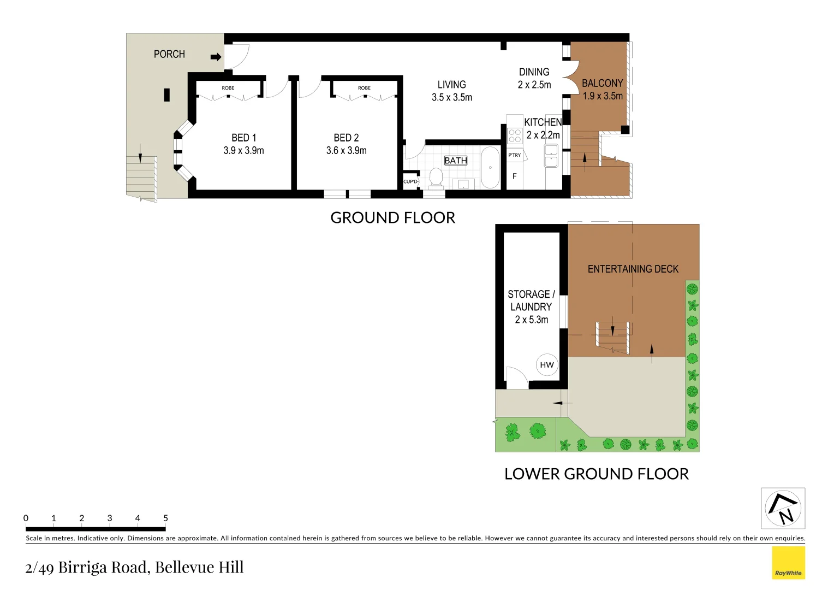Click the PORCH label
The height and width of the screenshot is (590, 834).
169,54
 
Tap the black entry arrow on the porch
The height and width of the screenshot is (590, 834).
216,57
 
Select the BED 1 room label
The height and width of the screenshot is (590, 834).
243,138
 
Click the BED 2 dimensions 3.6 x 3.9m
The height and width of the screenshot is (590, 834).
346,151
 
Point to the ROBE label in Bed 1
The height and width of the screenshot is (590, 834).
228,88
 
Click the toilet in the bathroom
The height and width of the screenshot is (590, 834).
436,177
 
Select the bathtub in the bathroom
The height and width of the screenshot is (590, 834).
490,167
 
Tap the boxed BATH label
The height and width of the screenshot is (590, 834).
456,161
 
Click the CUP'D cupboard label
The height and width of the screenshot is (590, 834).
410,182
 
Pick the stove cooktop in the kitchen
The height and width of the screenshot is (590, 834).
515,135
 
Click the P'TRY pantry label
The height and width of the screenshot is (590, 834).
515,155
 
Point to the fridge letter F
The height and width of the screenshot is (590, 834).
514,176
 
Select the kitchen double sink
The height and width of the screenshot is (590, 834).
551,156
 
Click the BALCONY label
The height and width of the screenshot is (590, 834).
602,84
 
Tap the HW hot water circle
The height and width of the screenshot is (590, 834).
547,365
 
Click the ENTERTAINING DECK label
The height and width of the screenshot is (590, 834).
633,269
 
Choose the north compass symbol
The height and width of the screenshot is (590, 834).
783,509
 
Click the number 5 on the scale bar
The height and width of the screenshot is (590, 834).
165,518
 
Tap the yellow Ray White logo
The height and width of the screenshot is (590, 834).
788,563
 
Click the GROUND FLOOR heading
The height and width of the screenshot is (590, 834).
392,217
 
